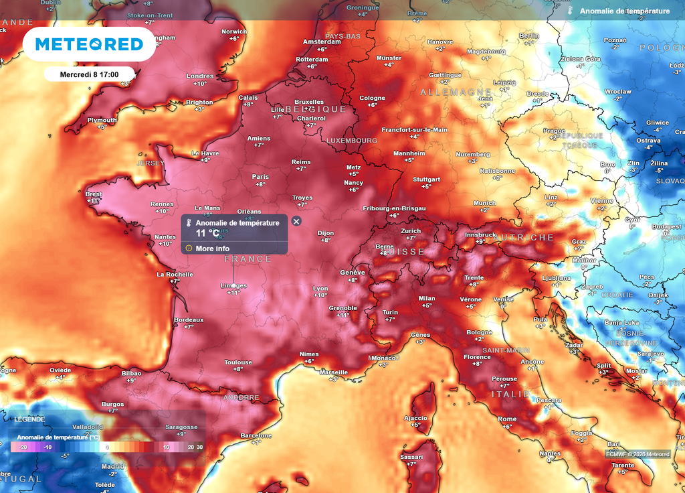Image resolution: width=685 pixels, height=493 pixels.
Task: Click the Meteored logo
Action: tap(89, 44)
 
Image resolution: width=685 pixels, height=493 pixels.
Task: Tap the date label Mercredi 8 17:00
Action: tap(89, 74)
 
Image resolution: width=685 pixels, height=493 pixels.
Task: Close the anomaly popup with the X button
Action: tap(296, 221)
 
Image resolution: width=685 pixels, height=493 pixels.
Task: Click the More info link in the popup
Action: tap(212, 249)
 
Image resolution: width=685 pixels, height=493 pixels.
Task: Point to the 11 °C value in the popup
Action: tap(207, 233)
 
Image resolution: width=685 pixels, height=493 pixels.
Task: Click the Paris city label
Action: tap(260, 177)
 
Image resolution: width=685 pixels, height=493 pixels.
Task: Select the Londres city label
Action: tap(199, 76)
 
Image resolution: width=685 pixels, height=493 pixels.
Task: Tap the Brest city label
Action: tap(94, 194)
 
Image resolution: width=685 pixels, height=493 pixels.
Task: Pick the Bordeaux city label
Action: tap(189, 320)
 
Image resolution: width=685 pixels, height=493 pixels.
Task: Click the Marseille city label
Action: tap(334, 372)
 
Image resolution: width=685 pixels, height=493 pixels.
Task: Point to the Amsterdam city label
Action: tap(322, 42)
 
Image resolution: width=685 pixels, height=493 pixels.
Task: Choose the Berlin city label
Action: tap(528, 36)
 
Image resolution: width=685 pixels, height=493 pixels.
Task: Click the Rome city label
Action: tap(507, 419)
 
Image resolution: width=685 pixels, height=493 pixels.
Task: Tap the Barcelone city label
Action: tap(256, 435)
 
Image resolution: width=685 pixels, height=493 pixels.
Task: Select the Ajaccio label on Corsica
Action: tap(415, 417)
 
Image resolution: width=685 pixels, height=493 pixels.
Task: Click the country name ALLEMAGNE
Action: tap(456, 92)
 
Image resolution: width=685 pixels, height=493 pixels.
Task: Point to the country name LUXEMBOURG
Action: tap(352, 141)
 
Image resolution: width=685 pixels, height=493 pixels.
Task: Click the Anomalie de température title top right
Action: tap(624, 11)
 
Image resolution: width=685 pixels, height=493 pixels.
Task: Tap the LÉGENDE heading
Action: tap(30, 419)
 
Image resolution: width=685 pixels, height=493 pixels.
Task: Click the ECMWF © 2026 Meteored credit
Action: tap(638, 455)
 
